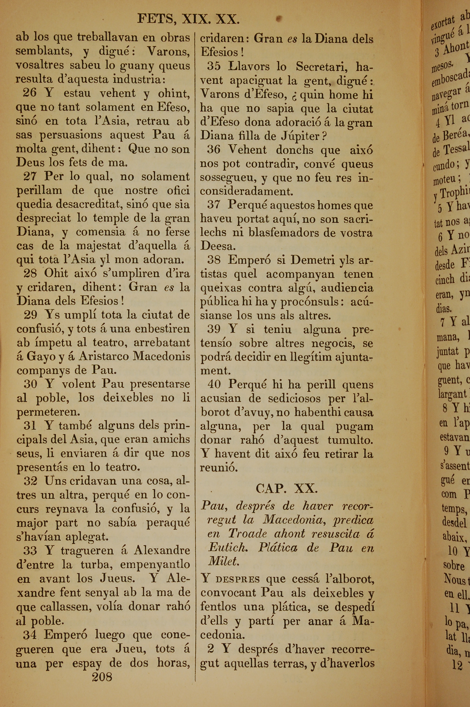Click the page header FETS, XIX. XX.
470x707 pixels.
point(188,20)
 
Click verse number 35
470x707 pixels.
point(214,66)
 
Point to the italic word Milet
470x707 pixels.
point(224,561)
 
